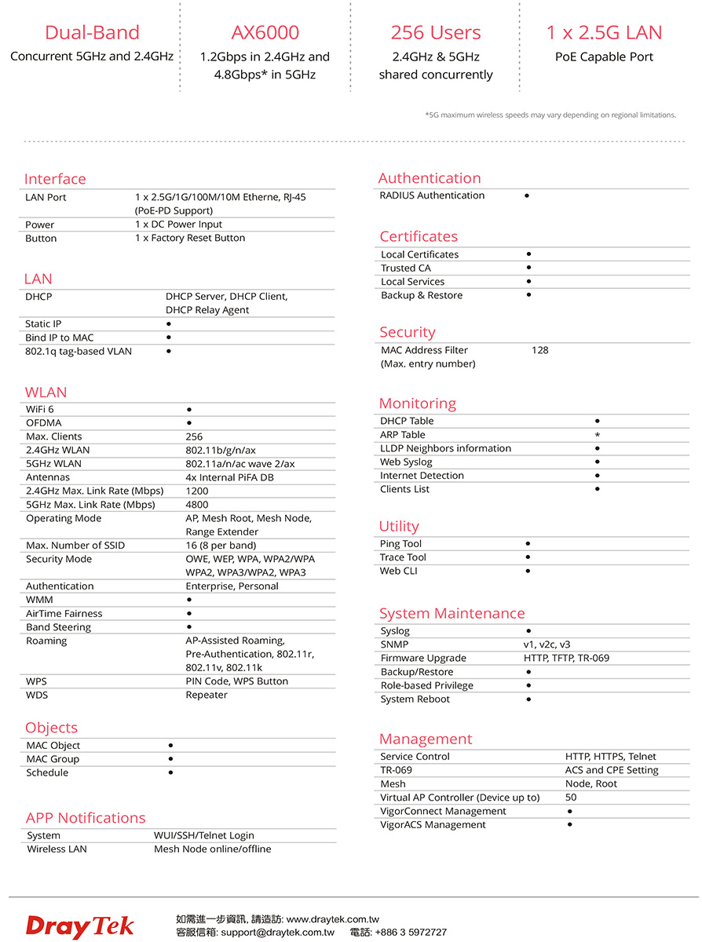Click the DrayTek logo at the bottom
coord(79,926)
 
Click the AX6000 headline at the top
coord(265,32)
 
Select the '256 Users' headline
coord(436,32)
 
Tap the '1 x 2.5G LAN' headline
coord(604,32)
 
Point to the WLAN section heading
coord(46,392)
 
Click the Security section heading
coord(407,332)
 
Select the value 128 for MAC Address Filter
coord(539,350)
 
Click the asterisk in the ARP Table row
coord(598,435)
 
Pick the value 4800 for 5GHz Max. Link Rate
coord(197,505)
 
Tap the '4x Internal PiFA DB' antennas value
coord(229,477)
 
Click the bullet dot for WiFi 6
coord(189,410)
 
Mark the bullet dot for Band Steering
coord(189,627)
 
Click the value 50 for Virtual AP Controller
coord(571,798)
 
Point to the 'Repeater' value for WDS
coord(207,695)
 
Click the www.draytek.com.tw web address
coord(333,918)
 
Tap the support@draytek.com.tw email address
coord(277,933)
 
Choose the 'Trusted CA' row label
coord(406,268)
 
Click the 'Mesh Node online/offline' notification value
coord(212,849)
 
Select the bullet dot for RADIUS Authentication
coord(526,195)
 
